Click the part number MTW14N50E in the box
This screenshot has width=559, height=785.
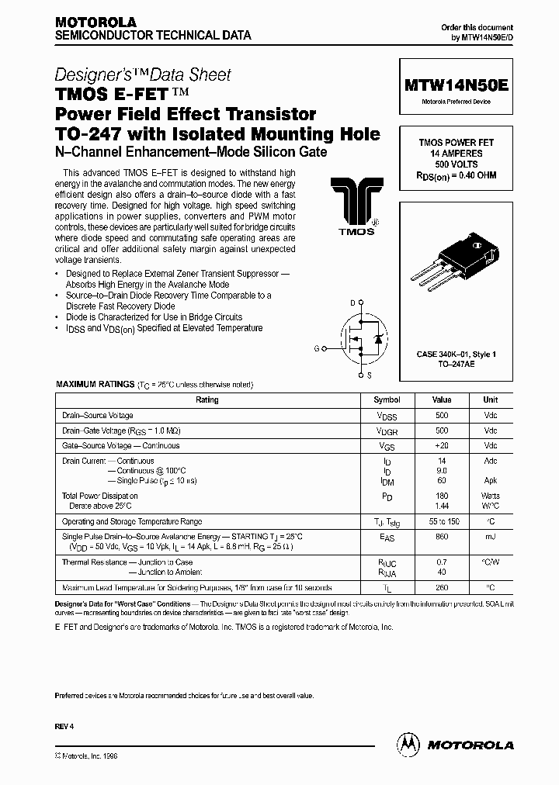(457, 86)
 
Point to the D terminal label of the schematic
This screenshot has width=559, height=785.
(352, 303)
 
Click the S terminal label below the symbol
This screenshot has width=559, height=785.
(369, 375)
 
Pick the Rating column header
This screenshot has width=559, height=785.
(207, 400)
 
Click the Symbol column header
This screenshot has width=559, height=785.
(387, 400)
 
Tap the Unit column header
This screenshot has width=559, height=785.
(490, 400)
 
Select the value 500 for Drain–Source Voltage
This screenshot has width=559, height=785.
(442, 416)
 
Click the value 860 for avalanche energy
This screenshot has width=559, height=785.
(442, 536)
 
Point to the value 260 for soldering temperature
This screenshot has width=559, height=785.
(442, 587)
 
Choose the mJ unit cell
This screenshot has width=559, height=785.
(490, 536)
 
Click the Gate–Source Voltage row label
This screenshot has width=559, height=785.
(120, 446)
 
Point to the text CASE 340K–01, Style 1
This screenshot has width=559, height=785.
(457, 354)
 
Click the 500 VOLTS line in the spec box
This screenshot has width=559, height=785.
(457, 164)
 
